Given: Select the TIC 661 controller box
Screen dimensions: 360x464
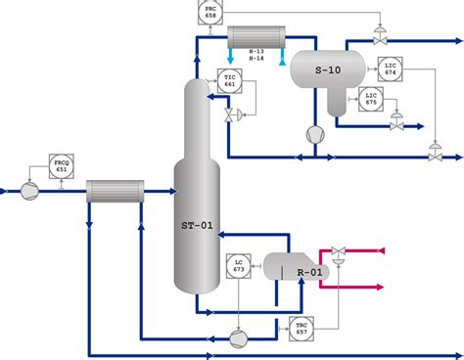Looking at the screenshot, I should point(230,82).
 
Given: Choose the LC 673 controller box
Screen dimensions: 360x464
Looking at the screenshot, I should point(238,265).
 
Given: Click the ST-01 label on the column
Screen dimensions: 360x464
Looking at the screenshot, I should point(196,225).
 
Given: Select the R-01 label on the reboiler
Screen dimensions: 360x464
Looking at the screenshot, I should point(309,271).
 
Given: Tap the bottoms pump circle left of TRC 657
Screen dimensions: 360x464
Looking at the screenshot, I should point(239,337).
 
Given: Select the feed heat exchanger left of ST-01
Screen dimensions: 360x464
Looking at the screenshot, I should point(114,191).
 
